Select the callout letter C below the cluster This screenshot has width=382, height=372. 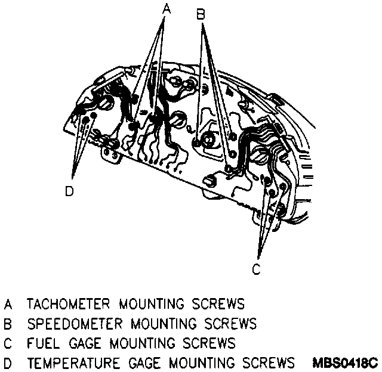click(x=256, y=269)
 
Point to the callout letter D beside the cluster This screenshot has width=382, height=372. click(x=69, y=191)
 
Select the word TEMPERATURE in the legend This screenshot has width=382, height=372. click(x=73, y=363)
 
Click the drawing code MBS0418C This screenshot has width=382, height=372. click(x=344, y=363)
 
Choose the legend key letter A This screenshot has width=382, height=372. click(x=8, y=304)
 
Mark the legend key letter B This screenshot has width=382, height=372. click(x=8, y=324)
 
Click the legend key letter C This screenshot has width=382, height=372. click(x=8, y=343)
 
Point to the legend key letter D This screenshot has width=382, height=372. click(x=8, y=363)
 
